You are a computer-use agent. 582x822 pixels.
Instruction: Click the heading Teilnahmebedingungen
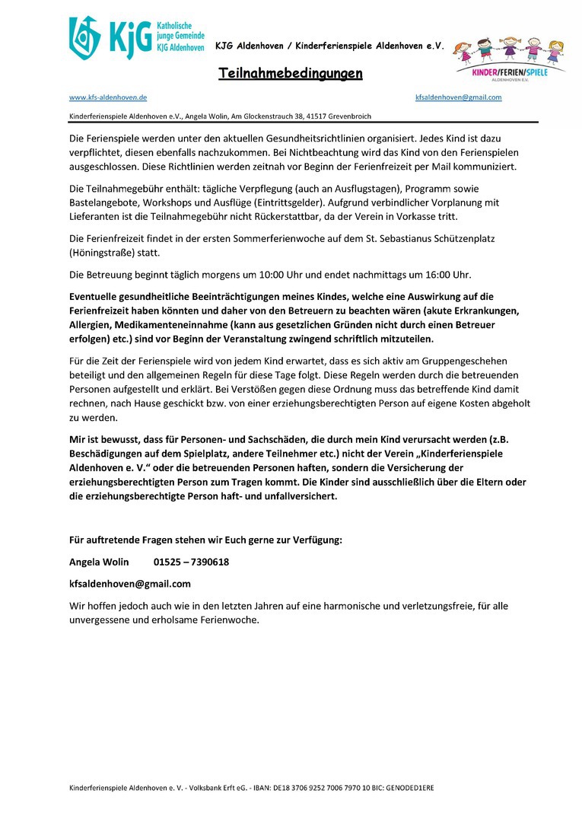291,74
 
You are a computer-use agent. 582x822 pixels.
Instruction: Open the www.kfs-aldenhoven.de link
108,98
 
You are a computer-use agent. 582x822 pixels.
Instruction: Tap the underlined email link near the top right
458,97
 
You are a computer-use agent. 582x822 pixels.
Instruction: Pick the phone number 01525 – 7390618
191,562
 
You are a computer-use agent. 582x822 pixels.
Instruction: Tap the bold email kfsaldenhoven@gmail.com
130,584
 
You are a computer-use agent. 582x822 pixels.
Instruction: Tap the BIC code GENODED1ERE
409,789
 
